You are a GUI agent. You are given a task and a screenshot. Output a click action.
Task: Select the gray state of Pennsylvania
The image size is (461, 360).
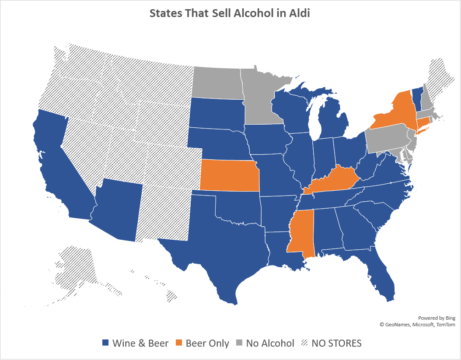[387, 138]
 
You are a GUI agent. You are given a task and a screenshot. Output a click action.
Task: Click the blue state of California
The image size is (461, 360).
[52, 162]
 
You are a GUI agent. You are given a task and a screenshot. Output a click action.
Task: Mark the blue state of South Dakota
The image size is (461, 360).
[217, 113]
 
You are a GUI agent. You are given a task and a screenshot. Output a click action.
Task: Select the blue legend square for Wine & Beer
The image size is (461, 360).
[105, 343]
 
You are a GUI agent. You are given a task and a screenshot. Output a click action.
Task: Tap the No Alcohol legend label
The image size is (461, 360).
[270, 343]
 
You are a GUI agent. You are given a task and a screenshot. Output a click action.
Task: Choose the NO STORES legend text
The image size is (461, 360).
[336, 343]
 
